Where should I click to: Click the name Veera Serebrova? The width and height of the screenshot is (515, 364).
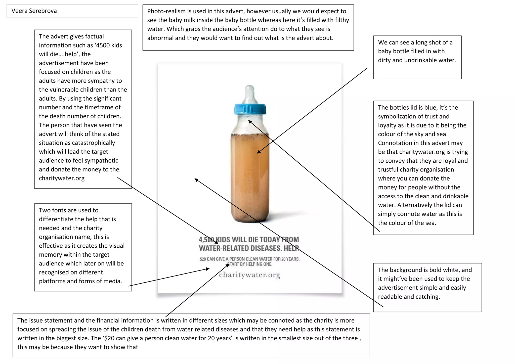34,11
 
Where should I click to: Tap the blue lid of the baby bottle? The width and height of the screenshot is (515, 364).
250,109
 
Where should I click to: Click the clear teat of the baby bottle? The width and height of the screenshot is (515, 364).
250,94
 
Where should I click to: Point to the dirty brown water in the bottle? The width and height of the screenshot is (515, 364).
250,176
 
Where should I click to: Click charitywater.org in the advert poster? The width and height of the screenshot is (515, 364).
249,275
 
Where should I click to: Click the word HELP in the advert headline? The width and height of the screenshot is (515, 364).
291,248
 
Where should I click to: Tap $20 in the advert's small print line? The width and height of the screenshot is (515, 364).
203,259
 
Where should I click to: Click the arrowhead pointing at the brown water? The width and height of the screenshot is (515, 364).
258,152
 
